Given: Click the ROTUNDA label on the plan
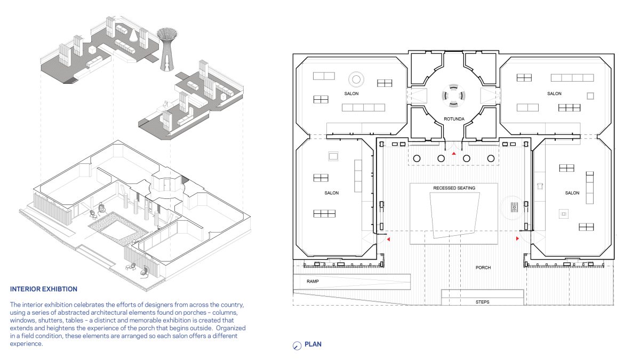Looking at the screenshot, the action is (x=454, y=119).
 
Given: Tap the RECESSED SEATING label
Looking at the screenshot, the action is (x=454, y=188).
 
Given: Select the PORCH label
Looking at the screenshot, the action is (x=483, y=268).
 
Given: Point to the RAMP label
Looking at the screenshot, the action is (x=313, y=282).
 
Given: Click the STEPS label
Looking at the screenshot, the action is (x=482, y=302).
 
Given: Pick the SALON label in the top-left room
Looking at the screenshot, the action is (x=351, y=93).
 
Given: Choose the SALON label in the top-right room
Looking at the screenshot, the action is (x=554, y=93).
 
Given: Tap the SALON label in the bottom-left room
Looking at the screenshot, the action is (x=331, y=193).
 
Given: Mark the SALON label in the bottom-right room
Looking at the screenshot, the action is (x=572, y=193).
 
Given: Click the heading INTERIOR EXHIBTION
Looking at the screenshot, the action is (x=44, y=289).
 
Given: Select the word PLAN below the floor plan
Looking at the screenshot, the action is (x=313, y=345).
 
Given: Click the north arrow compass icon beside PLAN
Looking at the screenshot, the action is (x=297, y=346).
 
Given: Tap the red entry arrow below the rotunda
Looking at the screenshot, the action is (x=454, y=154).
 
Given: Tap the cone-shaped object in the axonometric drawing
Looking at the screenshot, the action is (x=133, y=35).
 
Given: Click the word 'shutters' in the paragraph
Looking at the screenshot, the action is (x=54, y=321).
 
